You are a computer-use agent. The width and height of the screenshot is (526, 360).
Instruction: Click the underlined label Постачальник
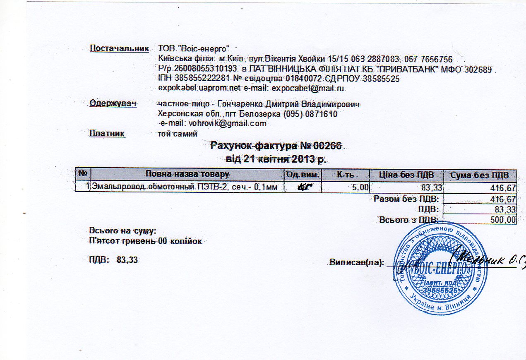[119, 48]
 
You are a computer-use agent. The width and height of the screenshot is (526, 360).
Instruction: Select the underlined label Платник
[107, 133]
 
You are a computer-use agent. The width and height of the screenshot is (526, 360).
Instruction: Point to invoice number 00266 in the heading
[327, 146]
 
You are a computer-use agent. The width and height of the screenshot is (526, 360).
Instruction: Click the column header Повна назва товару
[187, 175]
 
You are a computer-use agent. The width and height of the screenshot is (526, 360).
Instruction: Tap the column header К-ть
[346, 175]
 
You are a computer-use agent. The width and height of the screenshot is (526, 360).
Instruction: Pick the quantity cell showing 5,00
[359, 187]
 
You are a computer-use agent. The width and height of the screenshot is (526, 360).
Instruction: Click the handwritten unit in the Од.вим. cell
[304, 187]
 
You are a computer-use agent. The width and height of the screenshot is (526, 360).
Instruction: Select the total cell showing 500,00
[502, 220]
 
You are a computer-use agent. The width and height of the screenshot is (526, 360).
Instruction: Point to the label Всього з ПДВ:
[410, 219]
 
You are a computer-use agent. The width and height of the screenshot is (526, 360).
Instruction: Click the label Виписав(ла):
[357, 262]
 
